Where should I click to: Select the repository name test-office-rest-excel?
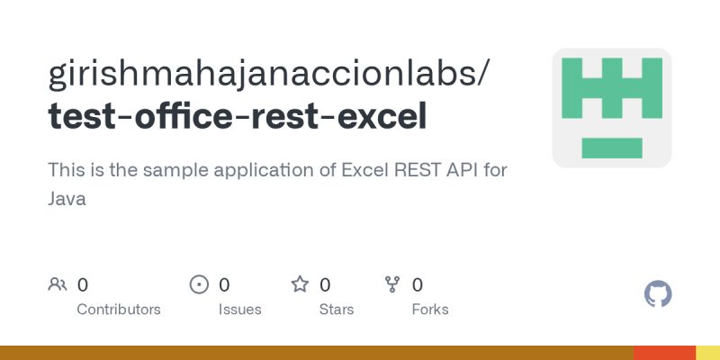click(x=238, y=116)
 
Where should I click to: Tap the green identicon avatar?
click(x=612, y=108)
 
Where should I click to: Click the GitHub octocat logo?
click(x=659, y=294)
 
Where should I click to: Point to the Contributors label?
click(x=119, y=309)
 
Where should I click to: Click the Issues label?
click(x=239, y=309)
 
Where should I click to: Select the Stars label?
click(x=337, y=309)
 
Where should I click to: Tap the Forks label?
click(x=430, y=309)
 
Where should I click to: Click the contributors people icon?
click(x=58, y=285)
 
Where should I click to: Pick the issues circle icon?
click(x=199, y=285)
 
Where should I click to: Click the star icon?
click(x=300, y=285)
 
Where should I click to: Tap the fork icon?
click(x=392, y=285)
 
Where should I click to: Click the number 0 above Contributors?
click(x=83, y=285)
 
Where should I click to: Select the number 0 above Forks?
click(x=418, y=285)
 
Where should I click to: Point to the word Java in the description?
click(x=67, y=199)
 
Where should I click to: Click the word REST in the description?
click(x=417, y=169)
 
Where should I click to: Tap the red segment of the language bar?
click(x=664, y=353)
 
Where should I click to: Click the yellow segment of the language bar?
click(x=707, y=353)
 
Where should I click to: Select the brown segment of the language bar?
click(x=315, y=353)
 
